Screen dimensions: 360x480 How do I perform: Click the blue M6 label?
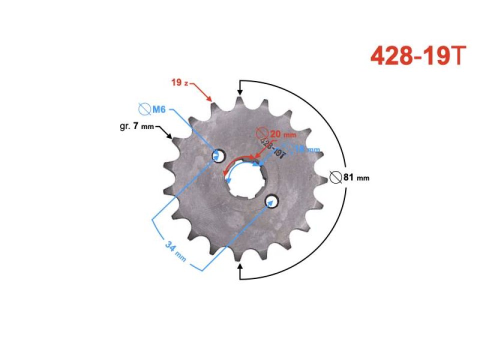tap(159, 109)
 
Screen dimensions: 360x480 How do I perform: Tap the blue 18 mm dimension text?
tap(306, 149)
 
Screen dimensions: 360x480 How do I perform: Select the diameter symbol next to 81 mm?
tap(336, 177)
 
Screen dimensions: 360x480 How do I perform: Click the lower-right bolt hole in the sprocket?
tap(271, 200)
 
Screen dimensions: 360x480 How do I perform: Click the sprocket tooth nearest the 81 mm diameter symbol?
tap(322, 177)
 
